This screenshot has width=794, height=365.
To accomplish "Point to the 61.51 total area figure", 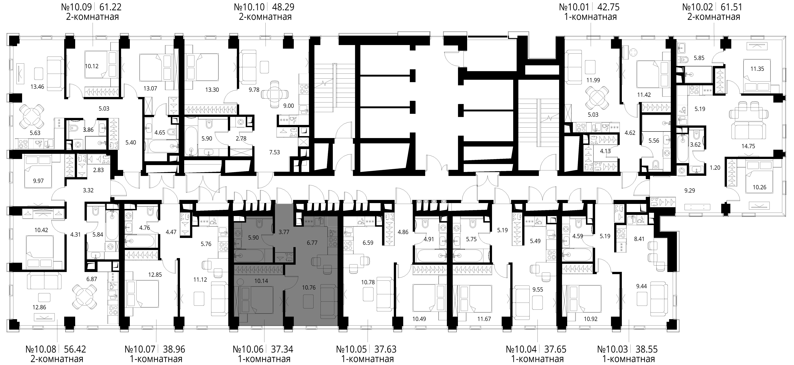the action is coord(731,7).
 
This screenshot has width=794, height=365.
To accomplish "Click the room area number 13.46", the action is coord(37,87).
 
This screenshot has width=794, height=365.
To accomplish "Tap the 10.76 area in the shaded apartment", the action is coord(309,287).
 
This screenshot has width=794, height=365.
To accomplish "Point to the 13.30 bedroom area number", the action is coord(212,90).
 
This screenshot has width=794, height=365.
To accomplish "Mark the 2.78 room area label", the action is coord(241,139).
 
